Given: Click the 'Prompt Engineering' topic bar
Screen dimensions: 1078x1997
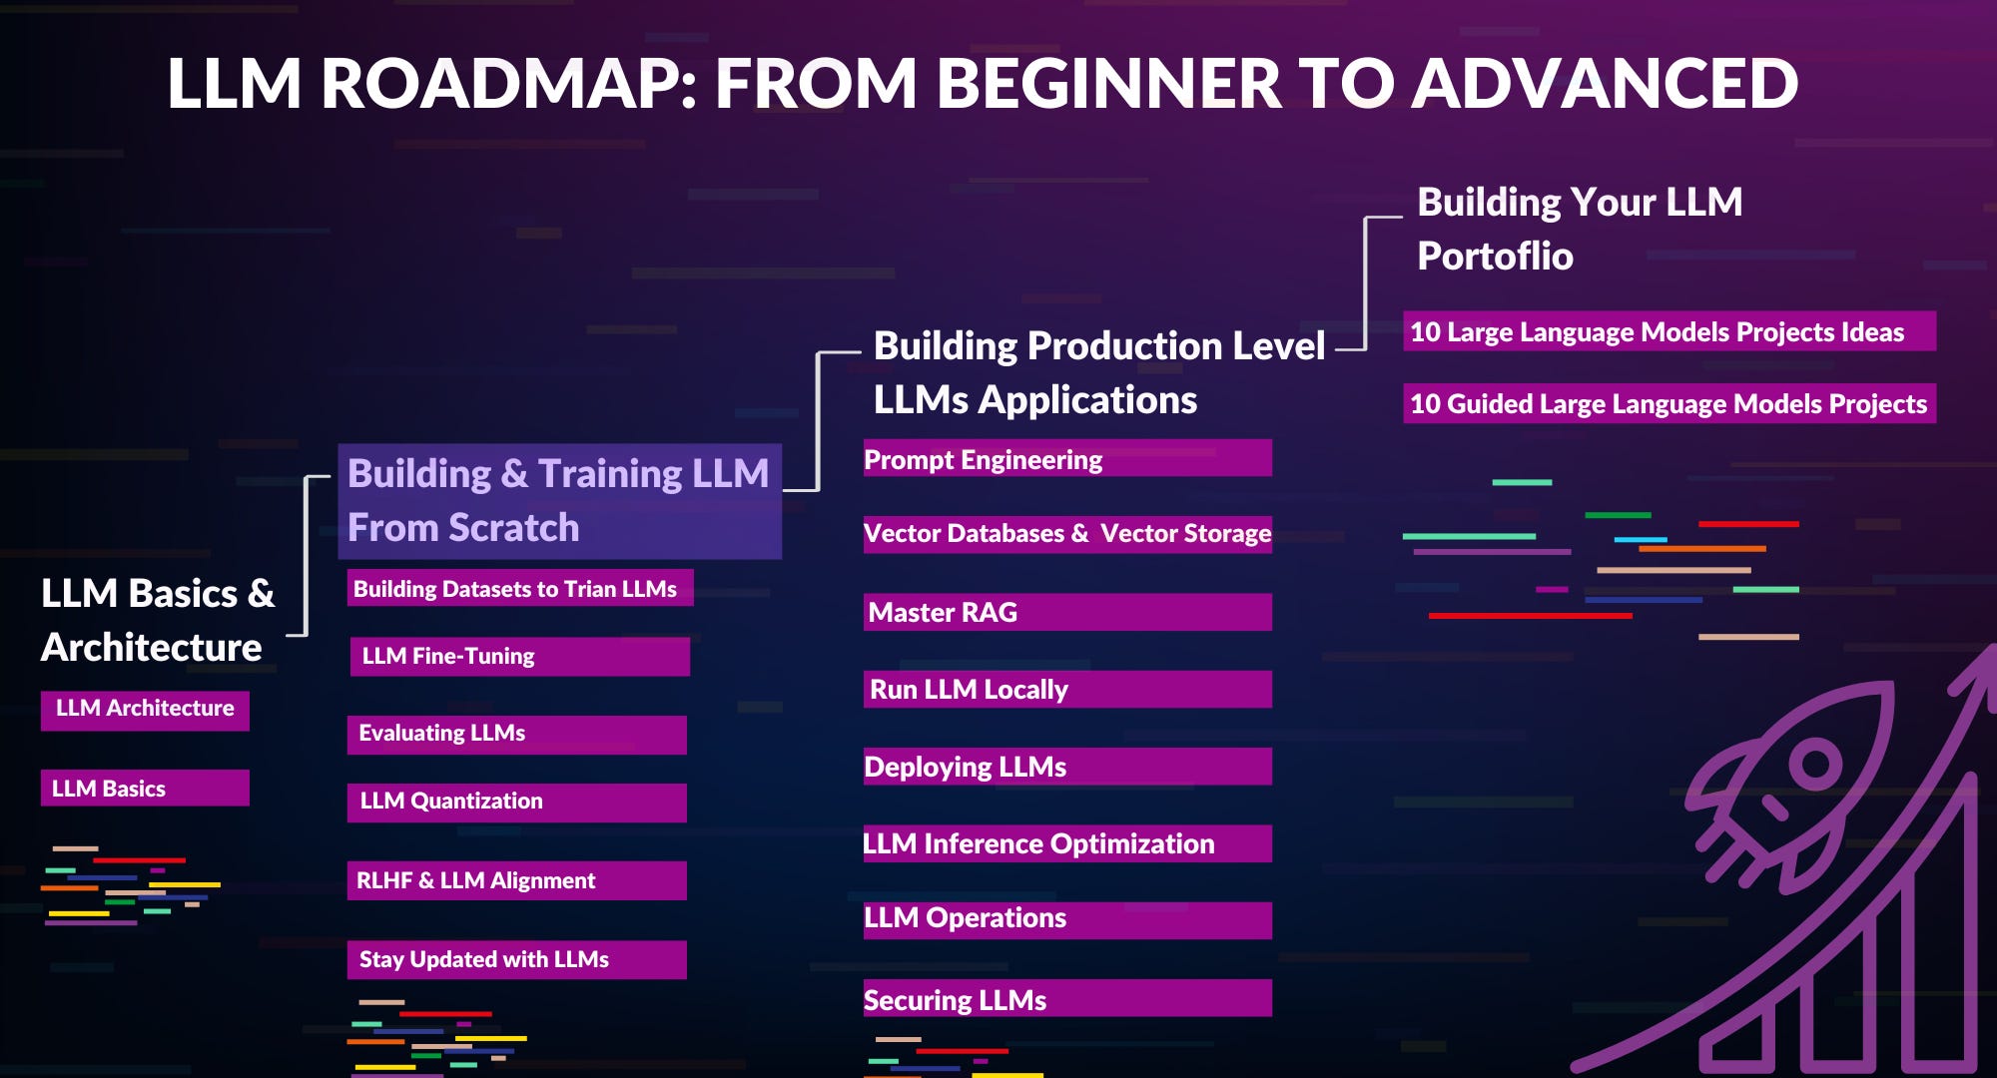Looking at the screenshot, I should click(x=1066, y=459).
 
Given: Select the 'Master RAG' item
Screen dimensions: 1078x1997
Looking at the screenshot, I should click(x=1066, y=612).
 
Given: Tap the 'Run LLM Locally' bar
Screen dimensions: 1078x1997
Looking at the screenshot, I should click(x=1066, y=689).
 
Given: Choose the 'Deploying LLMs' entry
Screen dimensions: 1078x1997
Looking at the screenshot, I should click(x=1066, y=767).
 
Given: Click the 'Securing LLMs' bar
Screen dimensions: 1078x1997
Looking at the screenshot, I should click(x=1066, y=998).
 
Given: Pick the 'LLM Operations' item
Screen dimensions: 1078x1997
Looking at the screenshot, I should click(x=1066, y=919).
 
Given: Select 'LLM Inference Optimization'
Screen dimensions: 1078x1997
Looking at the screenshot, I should click(x=1066, y=843).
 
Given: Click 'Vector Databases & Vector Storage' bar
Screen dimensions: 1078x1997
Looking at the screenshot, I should click(x=1066, y=534).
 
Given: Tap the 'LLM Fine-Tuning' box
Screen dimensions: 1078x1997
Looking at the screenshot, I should click(x=519, y=656).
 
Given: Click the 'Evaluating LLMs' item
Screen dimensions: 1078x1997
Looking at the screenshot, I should click(x=516, y=734).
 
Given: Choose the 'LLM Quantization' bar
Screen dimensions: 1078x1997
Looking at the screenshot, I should click(x=516, y=802).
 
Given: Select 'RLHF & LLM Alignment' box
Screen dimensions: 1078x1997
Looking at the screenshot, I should click(x=516, y=880).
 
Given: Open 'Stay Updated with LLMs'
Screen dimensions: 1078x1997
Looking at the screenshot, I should click(x=516, y=959).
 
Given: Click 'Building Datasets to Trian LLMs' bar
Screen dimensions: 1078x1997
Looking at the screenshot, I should click(x=519, y=588).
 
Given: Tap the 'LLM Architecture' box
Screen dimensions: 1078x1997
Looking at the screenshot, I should click(x=145, y=710).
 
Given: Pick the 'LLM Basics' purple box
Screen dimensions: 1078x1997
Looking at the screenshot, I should click(x=145, y=788).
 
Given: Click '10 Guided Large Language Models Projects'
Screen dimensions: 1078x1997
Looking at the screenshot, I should click(x=1668, y=403).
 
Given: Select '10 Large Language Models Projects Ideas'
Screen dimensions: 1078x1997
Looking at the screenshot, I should click(x=1668, y=331).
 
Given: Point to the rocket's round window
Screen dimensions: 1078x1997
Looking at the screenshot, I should click(x=1815, y=766).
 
